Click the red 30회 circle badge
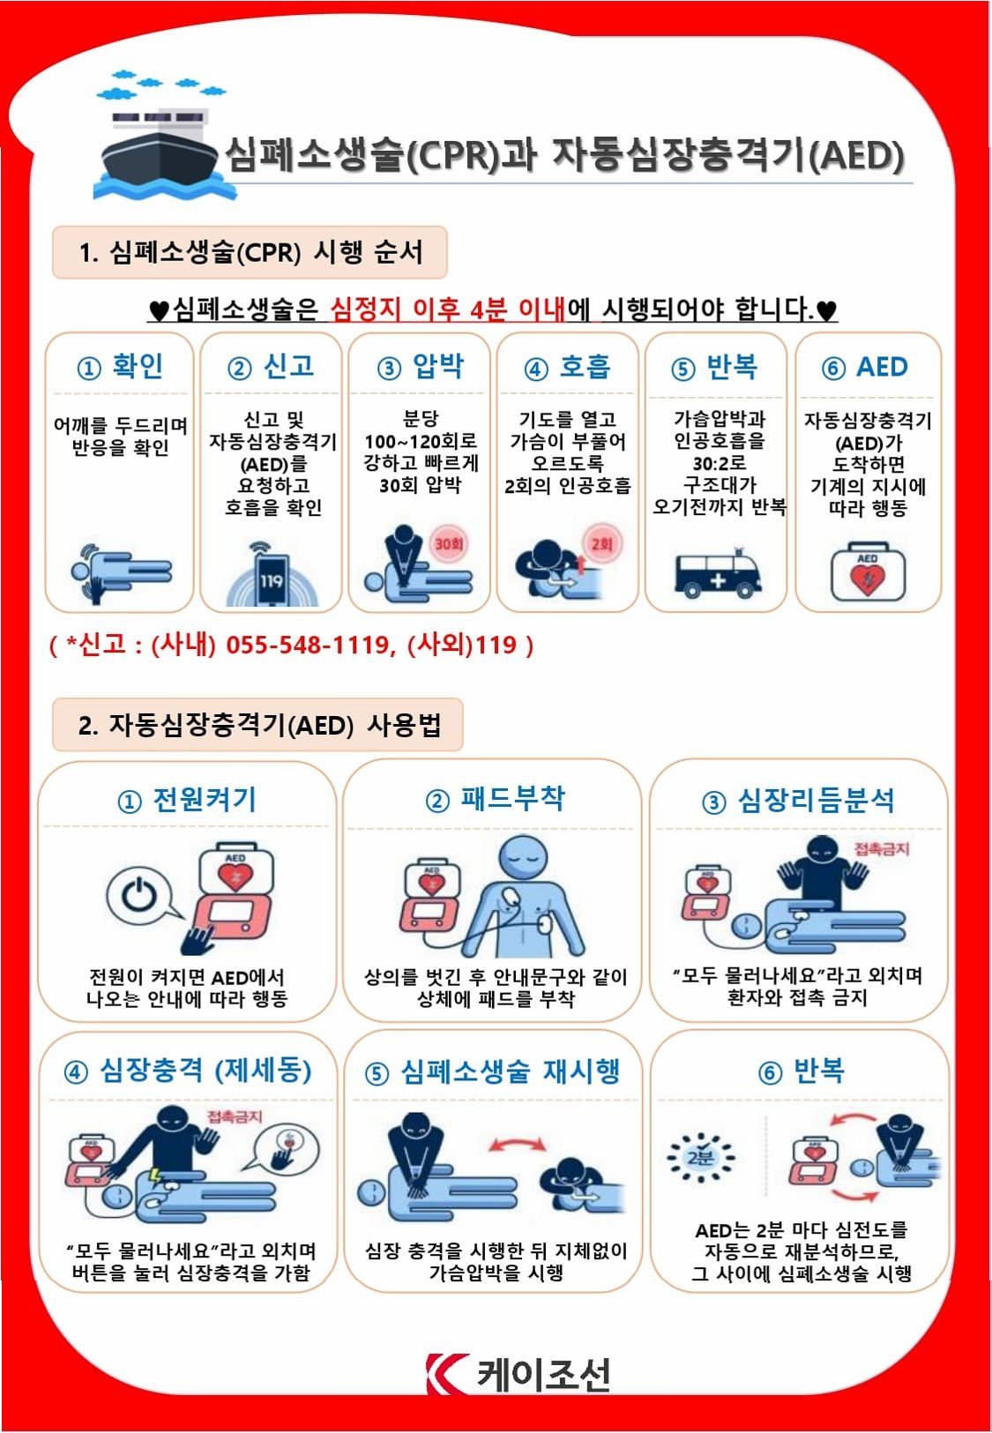pos(448,544)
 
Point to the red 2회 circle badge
pos(602,544)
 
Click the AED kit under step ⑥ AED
pos(868,572)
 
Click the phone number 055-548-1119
pos(307,645)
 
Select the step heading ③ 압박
pos(420,367)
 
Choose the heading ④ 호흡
pos(567,367)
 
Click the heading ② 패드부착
pos(495,799)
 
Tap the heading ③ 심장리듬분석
pos(798,801)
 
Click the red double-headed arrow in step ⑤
pos(517,1144)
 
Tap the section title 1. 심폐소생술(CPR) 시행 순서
pos(250,252)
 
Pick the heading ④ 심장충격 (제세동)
pos(188,1071)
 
